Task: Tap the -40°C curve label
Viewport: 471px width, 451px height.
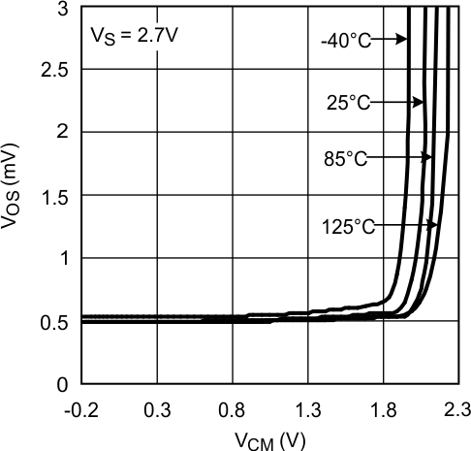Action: point(343,40)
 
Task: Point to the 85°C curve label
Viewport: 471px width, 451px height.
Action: point(346,159)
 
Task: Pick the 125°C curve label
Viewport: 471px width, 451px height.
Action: point(348,227)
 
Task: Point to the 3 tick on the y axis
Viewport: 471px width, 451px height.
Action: point(64,9)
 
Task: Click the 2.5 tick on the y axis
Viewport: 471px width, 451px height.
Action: point(57,72)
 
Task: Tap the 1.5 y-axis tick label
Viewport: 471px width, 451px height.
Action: point(57,197)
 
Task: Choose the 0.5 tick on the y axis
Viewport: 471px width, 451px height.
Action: point(57,323)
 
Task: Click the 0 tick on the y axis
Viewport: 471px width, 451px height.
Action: point(64,386)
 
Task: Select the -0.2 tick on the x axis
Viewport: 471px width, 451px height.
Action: point(81,410)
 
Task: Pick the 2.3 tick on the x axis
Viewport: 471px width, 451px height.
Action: point(453,410)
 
